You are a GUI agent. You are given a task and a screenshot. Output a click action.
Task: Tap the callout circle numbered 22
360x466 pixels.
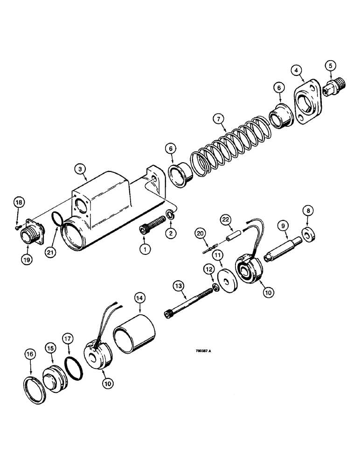coord(226,219)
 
